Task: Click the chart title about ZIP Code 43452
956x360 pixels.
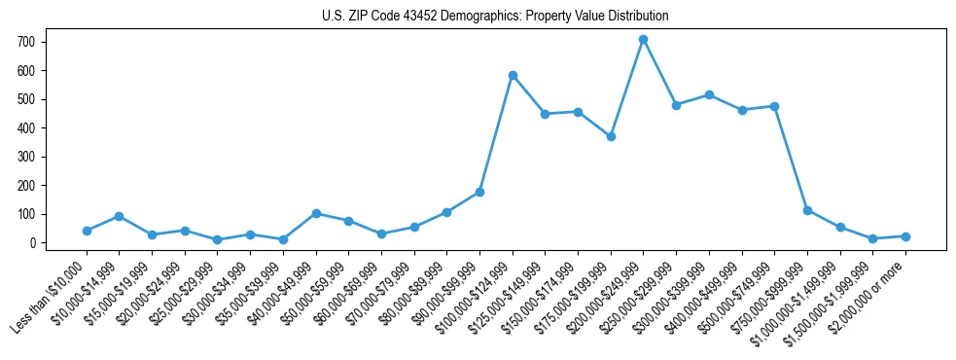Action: [495, 17]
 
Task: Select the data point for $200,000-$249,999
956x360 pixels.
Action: [643, 39]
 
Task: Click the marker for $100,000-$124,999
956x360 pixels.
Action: [513, 75]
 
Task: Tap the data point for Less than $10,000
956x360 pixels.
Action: [87, 231]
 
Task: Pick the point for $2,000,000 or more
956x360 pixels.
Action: [905, 236]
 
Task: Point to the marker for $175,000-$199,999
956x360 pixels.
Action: [611, 136]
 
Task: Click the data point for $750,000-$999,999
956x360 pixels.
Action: [807, 210]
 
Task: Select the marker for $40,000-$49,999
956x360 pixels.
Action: [316, 213]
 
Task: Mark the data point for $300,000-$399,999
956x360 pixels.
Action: [709, 94]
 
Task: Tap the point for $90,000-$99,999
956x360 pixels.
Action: [479, 192]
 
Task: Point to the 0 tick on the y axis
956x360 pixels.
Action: [32, 243]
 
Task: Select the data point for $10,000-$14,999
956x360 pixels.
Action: [119, 216]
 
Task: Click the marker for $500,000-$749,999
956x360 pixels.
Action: [774, 106]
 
